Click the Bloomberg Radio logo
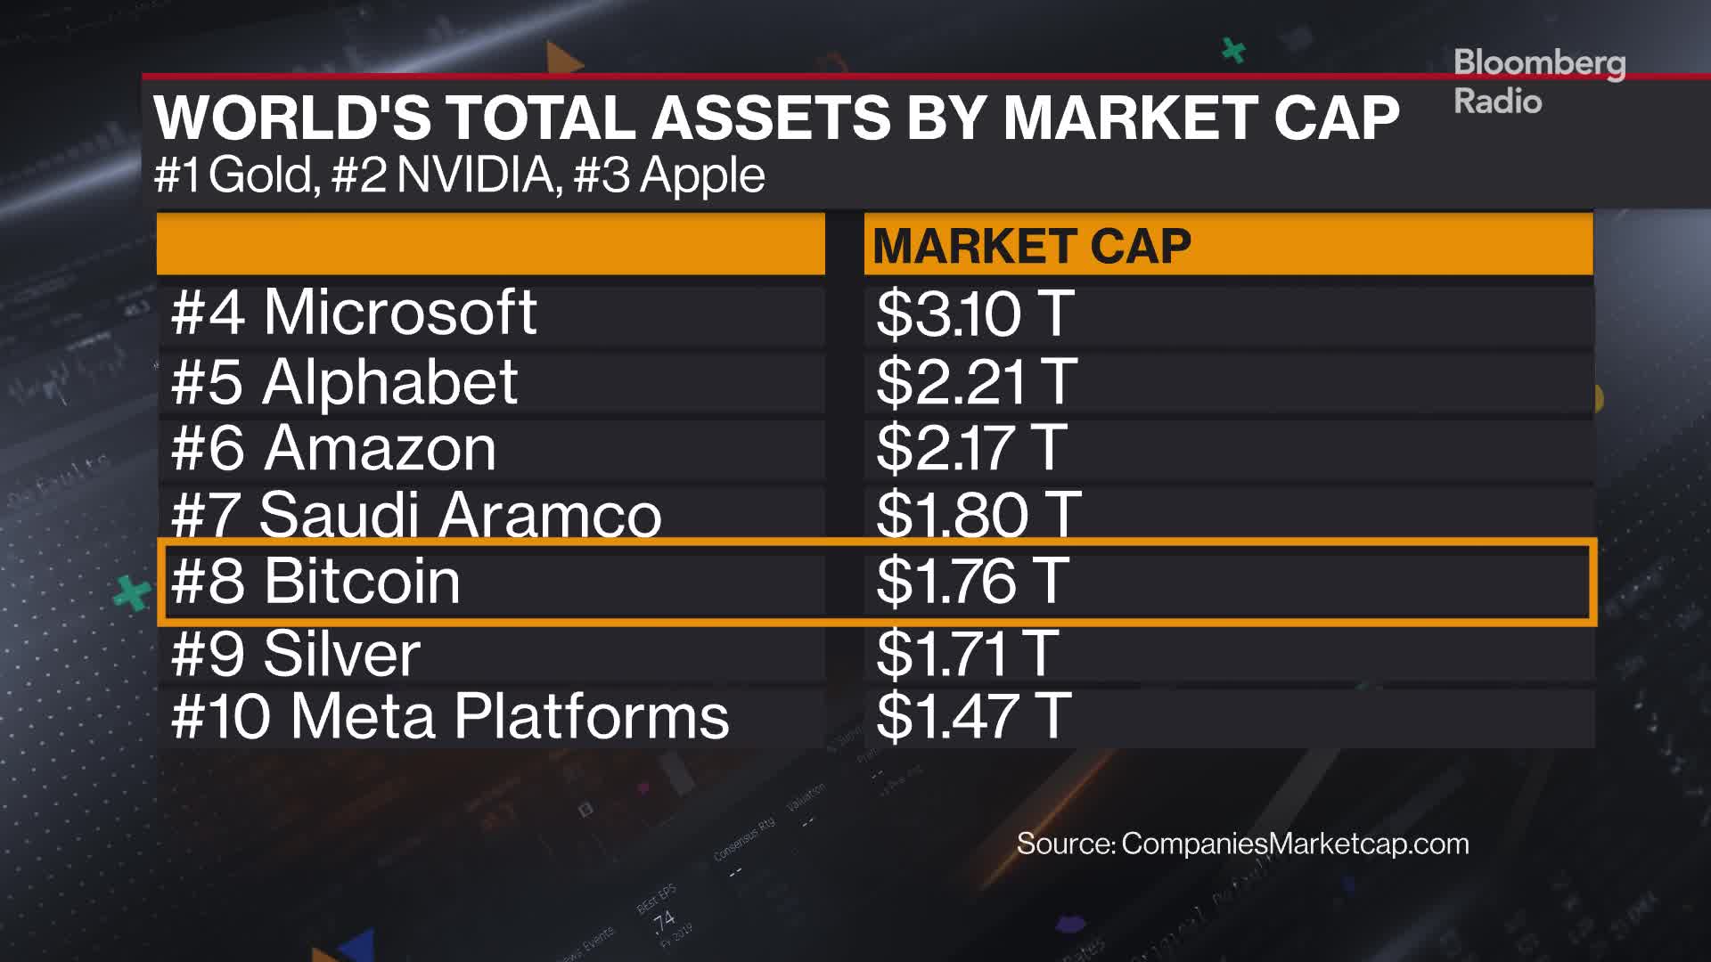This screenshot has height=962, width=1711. point(1538,82)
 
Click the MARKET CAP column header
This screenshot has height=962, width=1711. point(1031,246)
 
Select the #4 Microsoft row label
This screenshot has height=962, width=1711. point(354,313)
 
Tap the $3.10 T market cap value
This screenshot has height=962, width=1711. point(974,314)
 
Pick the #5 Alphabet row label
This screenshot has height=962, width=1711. point(344,382)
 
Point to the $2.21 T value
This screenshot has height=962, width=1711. point(976,382)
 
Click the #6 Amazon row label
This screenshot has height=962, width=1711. point(333,448)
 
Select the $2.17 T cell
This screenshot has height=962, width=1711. point(970,448)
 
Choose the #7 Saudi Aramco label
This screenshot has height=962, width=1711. point(415,514)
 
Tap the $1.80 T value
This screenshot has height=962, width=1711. point(978,514)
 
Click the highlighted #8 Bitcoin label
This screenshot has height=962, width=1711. point(315,581)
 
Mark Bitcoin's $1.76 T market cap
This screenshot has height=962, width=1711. point(971,581)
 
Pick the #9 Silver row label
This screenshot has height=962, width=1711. point(295,653)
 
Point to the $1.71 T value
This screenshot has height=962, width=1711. point(967,653)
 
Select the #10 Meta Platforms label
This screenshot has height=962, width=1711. point(449,716)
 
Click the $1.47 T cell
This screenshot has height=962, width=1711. point(972,716)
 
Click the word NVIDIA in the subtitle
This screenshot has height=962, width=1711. point(476,175)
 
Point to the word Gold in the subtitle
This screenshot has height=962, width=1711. point(262,175)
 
